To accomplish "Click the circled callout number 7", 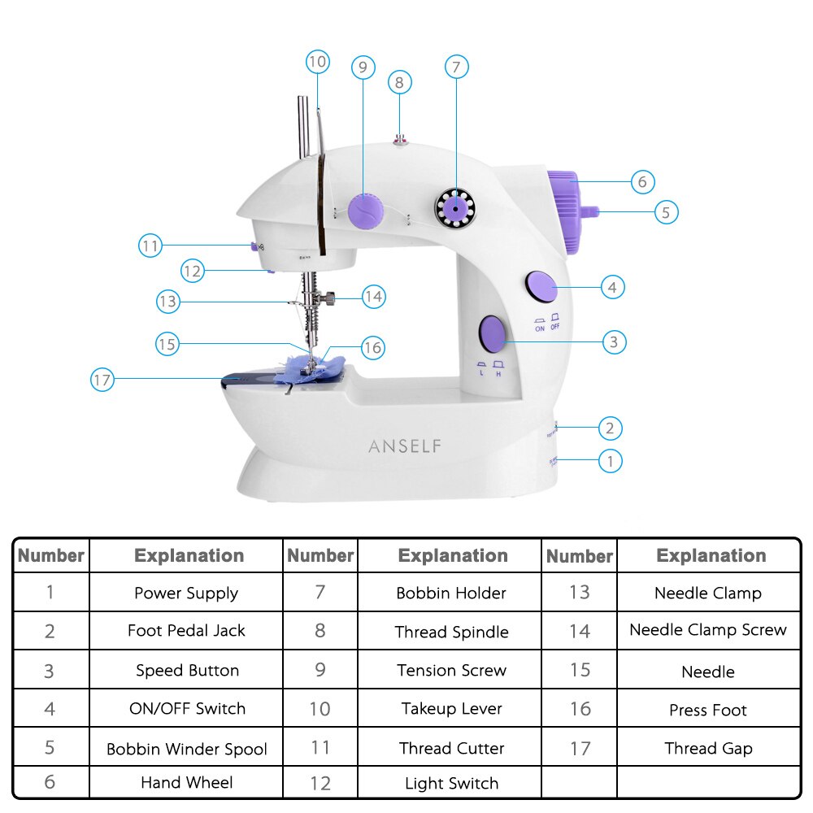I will click(x=456, y=67).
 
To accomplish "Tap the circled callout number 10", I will click(x=317, y=61).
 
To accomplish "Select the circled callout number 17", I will click(x=102, y=380).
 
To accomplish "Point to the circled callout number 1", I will click(x=611, y=461).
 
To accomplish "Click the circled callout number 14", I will click(x=373, y=297).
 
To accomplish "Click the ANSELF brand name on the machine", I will click(x=405, y=446).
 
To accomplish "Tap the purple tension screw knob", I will click(x=364, y=210).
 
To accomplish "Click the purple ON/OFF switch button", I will click(x=540, y=286).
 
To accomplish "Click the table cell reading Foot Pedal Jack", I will click(x=186, y=631).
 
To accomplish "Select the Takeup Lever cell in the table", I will click(x=452, y=708).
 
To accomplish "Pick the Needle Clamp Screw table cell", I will click(x=708, y=630).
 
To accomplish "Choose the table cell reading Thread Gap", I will click(x=708, y=749).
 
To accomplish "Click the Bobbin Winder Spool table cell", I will click(x=186, y=749).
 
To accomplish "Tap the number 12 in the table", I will click(x=320, y=784).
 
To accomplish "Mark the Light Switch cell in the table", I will click(x=452, y=784).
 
